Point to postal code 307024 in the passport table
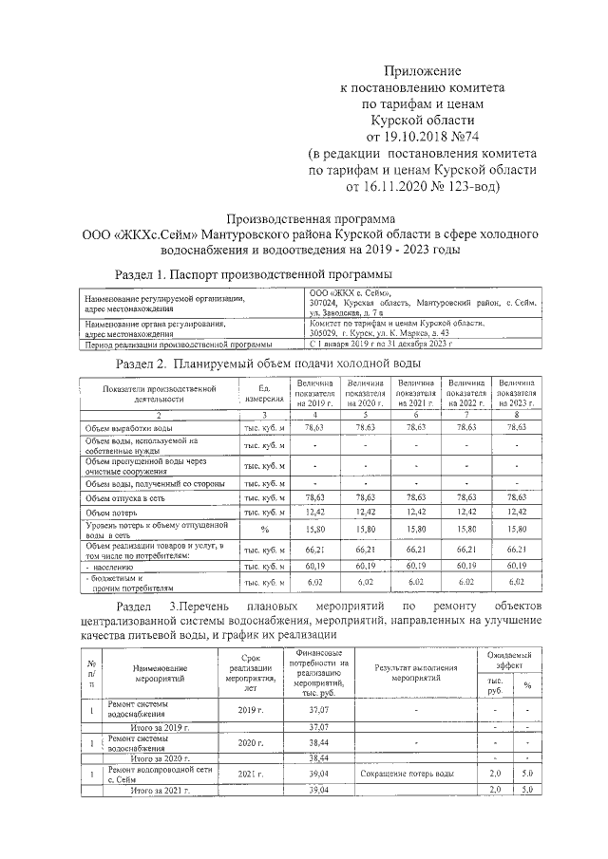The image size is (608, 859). click(325, 303)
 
